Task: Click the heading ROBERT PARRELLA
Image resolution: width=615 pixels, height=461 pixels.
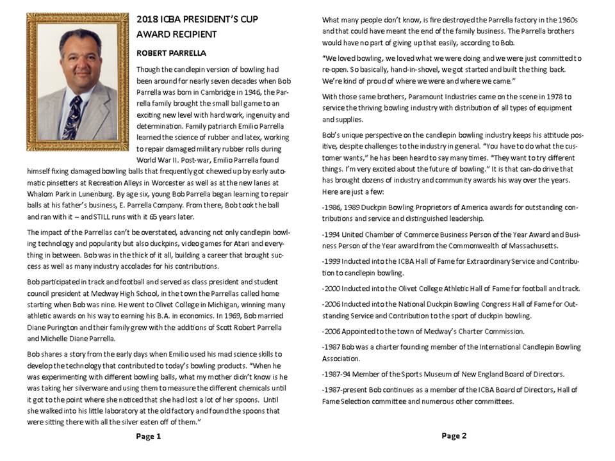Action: click(169, 53)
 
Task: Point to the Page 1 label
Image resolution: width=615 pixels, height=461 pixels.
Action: click(149, 436)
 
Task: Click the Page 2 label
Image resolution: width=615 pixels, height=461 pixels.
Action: click(454, 435)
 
